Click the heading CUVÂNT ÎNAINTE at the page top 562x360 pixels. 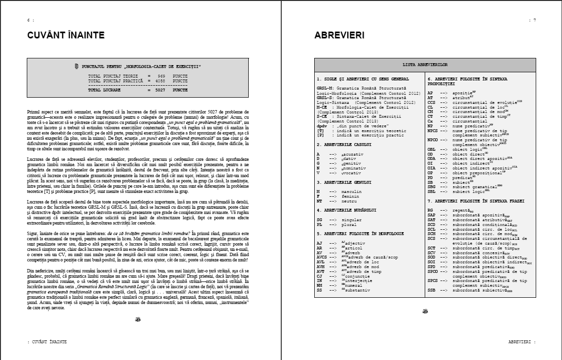(x=66, y=35)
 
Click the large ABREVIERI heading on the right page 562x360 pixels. (x=339, y=35)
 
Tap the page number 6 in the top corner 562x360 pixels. (x=29, y=20)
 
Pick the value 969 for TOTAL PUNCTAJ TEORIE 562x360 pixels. (x=161, y=76)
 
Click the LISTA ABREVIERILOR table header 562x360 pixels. (x=425, y=64)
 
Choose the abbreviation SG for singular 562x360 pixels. (x=319, y=220)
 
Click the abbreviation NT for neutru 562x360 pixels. (x=319, y=201)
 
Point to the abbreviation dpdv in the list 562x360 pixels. (x=321, y=126)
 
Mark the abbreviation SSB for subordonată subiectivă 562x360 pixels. (x=431, y=290)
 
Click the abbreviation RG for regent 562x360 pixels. (x=430, y=210)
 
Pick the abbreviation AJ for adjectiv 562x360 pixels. (x=319, y=243)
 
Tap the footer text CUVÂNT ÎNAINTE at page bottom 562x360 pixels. (x=47, y=342)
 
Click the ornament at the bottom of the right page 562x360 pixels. (x=425, y=312)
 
